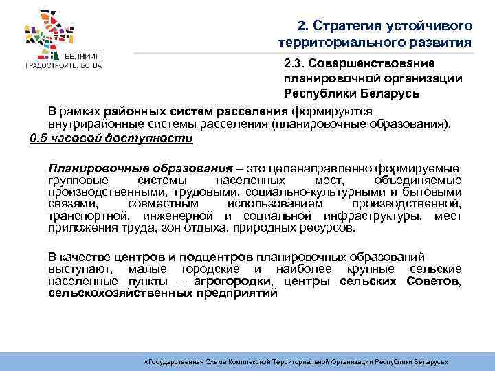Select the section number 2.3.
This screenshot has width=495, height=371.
tap(294, 63)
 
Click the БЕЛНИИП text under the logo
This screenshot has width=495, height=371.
tap(82, 54)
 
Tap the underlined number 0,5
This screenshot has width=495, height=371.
tap(41, 137)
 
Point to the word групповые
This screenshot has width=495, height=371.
tap(74, 180)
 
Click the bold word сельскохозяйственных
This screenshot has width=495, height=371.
tap(109, 293)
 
